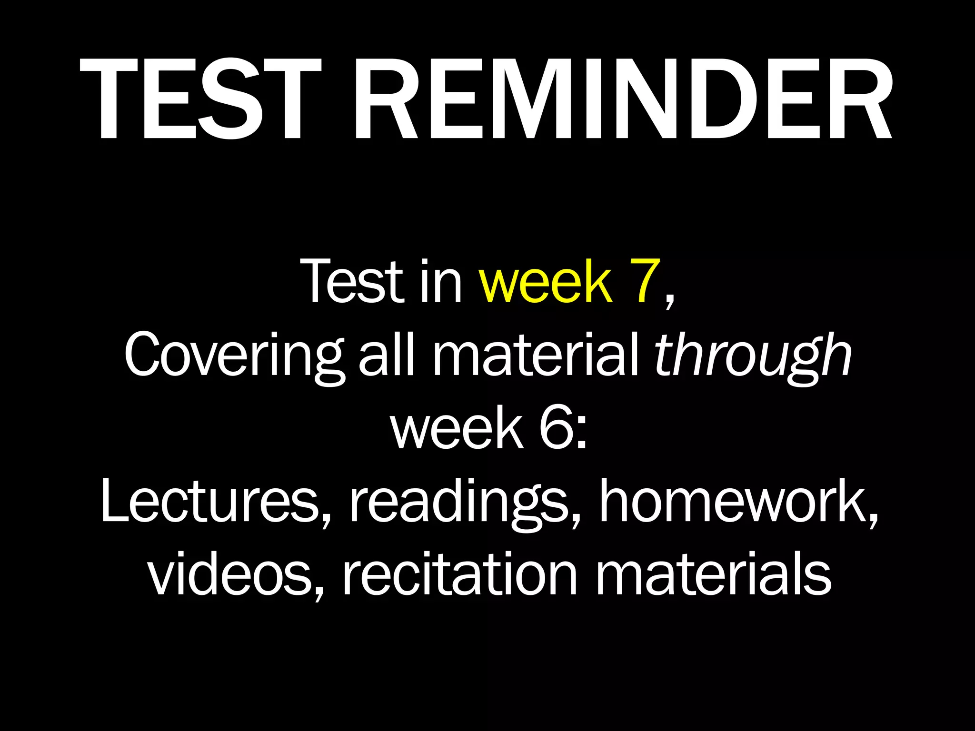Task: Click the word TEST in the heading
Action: tap(200, 99)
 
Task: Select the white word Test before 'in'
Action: tap(352, 282)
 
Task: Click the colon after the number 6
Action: tap(581, 433)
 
